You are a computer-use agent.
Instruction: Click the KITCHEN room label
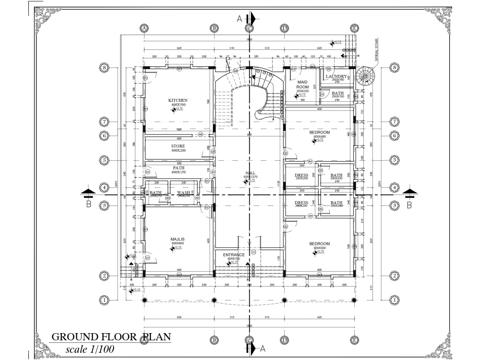[177, 100]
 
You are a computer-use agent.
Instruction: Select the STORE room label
[178, 146]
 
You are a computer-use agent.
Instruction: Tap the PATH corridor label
[178, 168]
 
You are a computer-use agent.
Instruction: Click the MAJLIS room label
[178, 239]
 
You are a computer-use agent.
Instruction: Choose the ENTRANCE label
[234, 255]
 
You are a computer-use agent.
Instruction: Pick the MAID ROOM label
[302, 84]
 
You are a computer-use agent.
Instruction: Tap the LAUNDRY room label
[336, 76]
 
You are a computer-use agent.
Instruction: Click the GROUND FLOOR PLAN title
[110, 337]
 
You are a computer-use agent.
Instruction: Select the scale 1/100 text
[90, 349]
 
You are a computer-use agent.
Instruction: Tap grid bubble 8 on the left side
[102, 68]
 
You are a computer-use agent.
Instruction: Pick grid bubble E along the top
[354, 28]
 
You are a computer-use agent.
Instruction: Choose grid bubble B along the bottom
[214, 340]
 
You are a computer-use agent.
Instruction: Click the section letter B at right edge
[409, 205]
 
